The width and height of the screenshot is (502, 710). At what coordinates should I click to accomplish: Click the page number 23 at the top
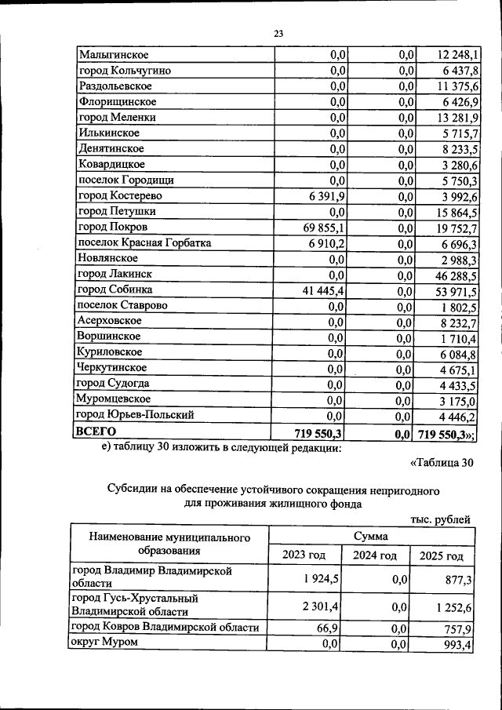click(x=278, y=33)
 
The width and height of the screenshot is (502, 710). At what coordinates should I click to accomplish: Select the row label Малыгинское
click(x=114, y=55)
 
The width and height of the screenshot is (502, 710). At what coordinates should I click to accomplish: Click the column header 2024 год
click(x=378, y=555)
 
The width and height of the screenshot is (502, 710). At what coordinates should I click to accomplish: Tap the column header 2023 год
click(x=304, y=555)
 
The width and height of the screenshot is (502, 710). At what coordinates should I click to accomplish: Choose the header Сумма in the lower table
click(x=371, y=535)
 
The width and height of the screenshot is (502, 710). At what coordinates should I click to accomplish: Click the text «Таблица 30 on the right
click(x=442, y=462)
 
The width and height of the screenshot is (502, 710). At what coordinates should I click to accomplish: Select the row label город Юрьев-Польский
click(x=134, y=415)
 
